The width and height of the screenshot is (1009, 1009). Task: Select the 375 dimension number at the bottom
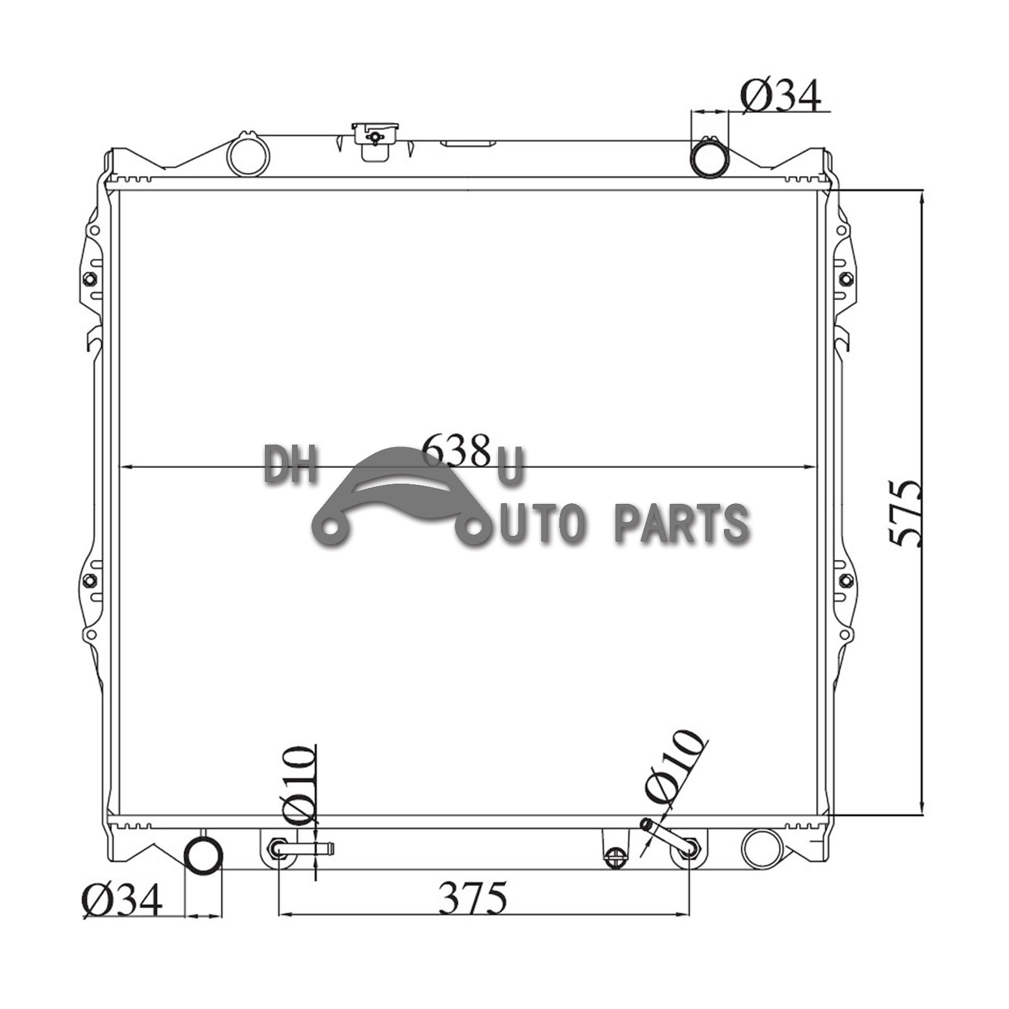tap(472, 898)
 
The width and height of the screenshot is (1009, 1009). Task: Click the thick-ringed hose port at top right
tap(709, 158)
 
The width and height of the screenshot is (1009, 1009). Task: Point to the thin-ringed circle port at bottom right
tap(762, 849)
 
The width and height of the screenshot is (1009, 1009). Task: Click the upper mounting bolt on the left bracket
tap(90, 279)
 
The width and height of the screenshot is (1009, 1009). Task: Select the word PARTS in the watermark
tap(681, 523)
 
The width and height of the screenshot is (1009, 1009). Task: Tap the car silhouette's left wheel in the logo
tap(329, 526)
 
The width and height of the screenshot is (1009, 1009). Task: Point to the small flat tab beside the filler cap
tap(467, 143)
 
